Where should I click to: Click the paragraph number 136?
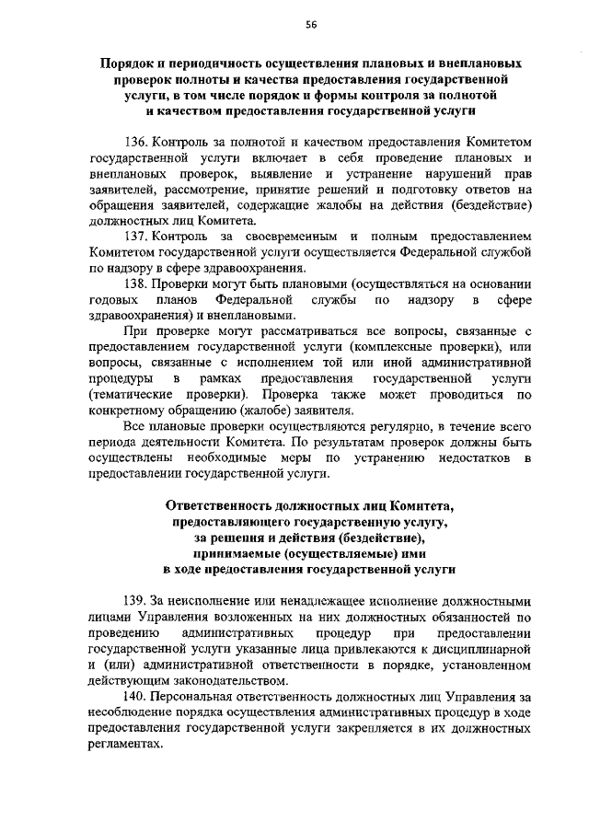click(135, 144)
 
